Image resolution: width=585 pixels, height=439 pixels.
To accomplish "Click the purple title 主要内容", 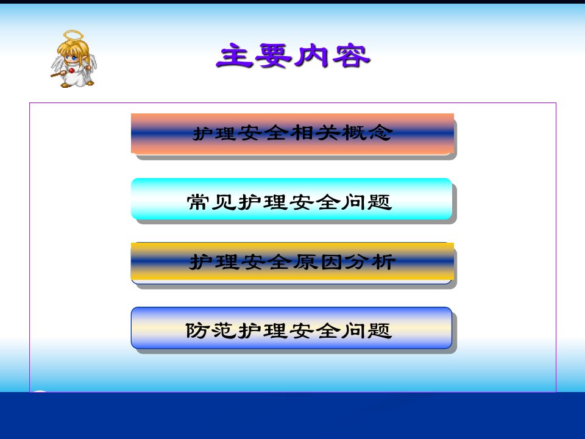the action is [x=293, y=55].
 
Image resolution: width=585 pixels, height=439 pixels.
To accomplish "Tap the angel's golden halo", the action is [x=73, y=35].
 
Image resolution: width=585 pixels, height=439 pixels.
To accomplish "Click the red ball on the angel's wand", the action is [x=71, y=71].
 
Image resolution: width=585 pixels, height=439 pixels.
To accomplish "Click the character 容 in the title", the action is [x=351, y=56].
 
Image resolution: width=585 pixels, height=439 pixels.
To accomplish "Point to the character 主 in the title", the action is [x=235, y=55].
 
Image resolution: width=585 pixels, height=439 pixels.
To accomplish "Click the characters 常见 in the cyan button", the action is [x=211, y=202].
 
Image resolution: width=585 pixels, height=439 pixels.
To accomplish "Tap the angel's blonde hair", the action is [x=73, y=48].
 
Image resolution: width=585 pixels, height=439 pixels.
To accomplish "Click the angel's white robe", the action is [x=75, y=77].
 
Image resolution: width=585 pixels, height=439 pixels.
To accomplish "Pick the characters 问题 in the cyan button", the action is [x=367, y=202].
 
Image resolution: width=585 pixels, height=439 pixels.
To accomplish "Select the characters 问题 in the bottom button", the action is [x=367, y=330].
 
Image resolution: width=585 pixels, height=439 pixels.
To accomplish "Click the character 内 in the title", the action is [x=312, y=56].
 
